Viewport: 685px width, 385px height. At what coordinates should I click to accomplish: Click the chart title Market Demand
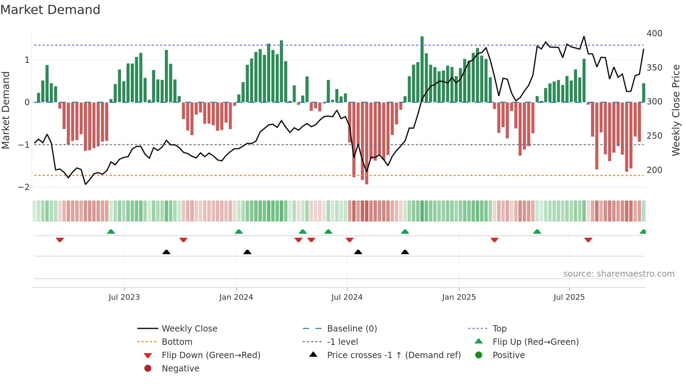(x=50, y=10)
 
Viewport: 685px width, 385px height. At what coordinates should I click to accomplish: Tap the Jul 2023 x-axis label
(x=124, y=297)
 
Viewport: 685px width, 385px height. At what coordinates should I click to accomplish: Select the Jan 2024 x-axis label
(x=236, y=297)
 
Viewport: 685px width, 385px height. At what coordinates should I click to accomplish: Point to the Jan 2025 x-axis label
(x=459, y=297)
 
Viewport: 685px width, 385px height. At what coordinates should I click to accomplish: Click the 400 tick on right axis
(x=654, y=34)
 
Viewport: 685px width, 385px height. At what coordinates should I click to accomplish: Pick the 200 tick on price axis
(x=654, y=170)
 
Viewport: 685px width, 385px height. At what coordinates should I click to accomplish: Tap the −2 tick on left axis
(x=24, y=187)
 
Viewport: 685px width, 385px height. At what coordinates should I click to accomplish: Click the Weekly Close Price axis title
(x=676, y=110)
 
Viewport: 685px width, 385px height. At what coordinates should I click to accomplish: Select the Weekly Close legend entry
(x=189, y=328)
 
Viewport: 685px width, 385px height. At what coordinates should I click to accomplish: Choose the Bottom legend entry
(x=177, y=342)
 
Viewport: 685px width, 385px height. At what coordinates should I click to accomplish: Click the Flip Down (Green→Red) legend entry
(x=211, y=355)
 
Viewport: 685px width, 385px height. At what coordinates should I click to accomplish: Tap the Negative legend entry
(x=180, y=368)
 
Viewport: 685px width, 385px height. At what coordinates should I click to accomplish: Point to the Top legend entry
(x=499, y=328)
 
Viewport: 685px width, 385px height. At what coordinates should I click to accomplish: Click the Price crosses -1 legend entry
(x=394, y=355)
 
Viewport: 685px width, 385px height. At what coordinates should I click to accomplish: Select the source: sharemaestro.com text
(x=619, y=274)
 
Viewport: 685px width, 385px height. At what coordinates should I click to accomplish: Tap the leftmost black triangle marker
(x=166, y=252)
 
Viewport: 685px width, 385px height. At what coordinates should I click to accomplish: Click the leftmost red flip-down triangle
(x=60, y=240)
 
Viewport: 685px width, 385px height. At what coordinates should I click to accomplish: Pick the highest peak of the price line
(x=584, y=36)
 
